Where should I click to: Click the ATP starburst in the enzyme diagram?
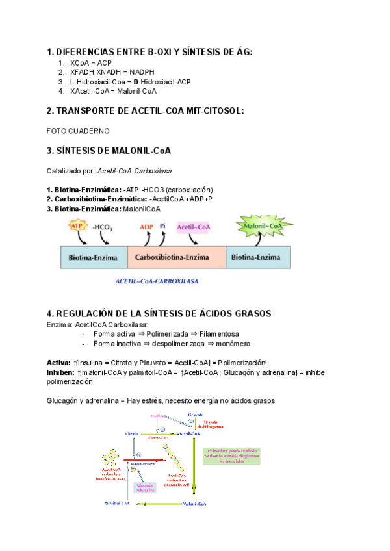click(77, 227)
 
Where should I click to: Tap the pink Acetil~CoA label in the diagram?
click(194, 227)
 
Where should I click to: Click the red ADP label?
click(146, 227)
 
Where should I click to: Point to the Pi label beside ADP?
click(163, 227)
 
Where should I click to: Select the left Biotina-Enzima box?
click(93, 257)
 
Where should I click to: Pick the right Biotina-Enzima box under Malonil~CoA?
click(257, 257)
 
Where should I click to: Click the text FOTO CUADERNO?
click(78, 131)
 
